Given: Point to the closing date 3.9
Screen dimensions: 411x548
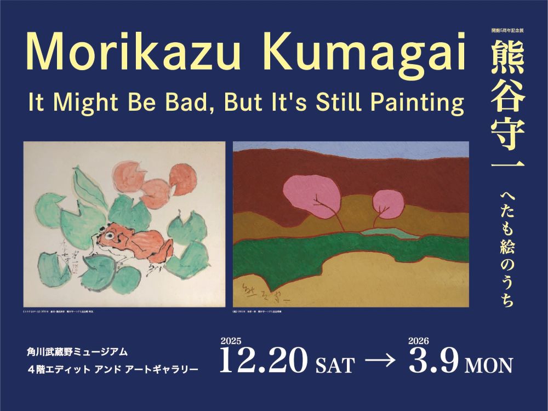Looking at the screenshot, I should click(x=432, y=362).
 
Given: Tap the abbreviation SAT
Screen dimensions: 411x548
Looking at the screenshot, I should click(x=335, y=365).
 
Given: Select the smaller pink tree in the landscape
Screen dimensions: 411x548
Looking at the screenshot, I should click(x=387, y=204).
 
